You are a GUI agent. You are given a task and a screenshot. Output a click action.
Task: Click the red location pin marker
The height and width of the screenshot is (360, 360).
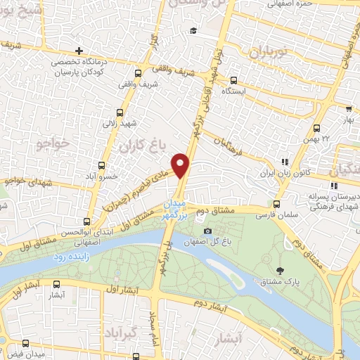click(181, 165)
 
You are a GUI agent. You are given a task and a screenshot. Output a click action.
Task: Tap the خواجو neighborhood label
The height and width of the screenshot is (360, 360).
click(52, 143)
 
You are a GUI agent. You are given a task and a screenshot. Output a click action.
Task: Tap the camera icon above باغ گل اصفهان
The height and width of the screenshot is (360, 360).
click(207, 231)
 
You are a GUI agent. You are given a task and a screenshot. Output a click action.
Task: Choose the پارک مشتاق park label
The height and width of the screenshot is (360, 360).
click(281, 281)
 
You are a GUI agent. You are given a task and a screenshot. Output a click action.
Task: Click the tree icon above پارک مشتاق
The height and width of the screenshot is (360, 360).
click(281, 270)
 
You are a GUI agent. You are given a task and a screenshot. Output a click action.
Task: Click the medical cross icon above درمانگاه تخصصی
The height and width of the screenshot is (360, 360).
click(79, 51)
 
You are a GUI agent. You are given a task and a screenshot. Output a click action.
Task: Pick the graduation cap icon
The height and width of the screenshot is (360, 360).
click(193, 30)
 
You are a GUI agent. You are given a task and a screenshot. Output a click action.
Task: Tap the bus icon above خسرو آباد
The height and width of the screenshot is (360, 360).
click(103, 167)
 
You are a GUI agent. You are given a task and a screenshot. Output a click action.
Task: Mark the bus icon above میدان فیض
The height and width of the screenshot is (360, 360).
click(25, 344)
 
